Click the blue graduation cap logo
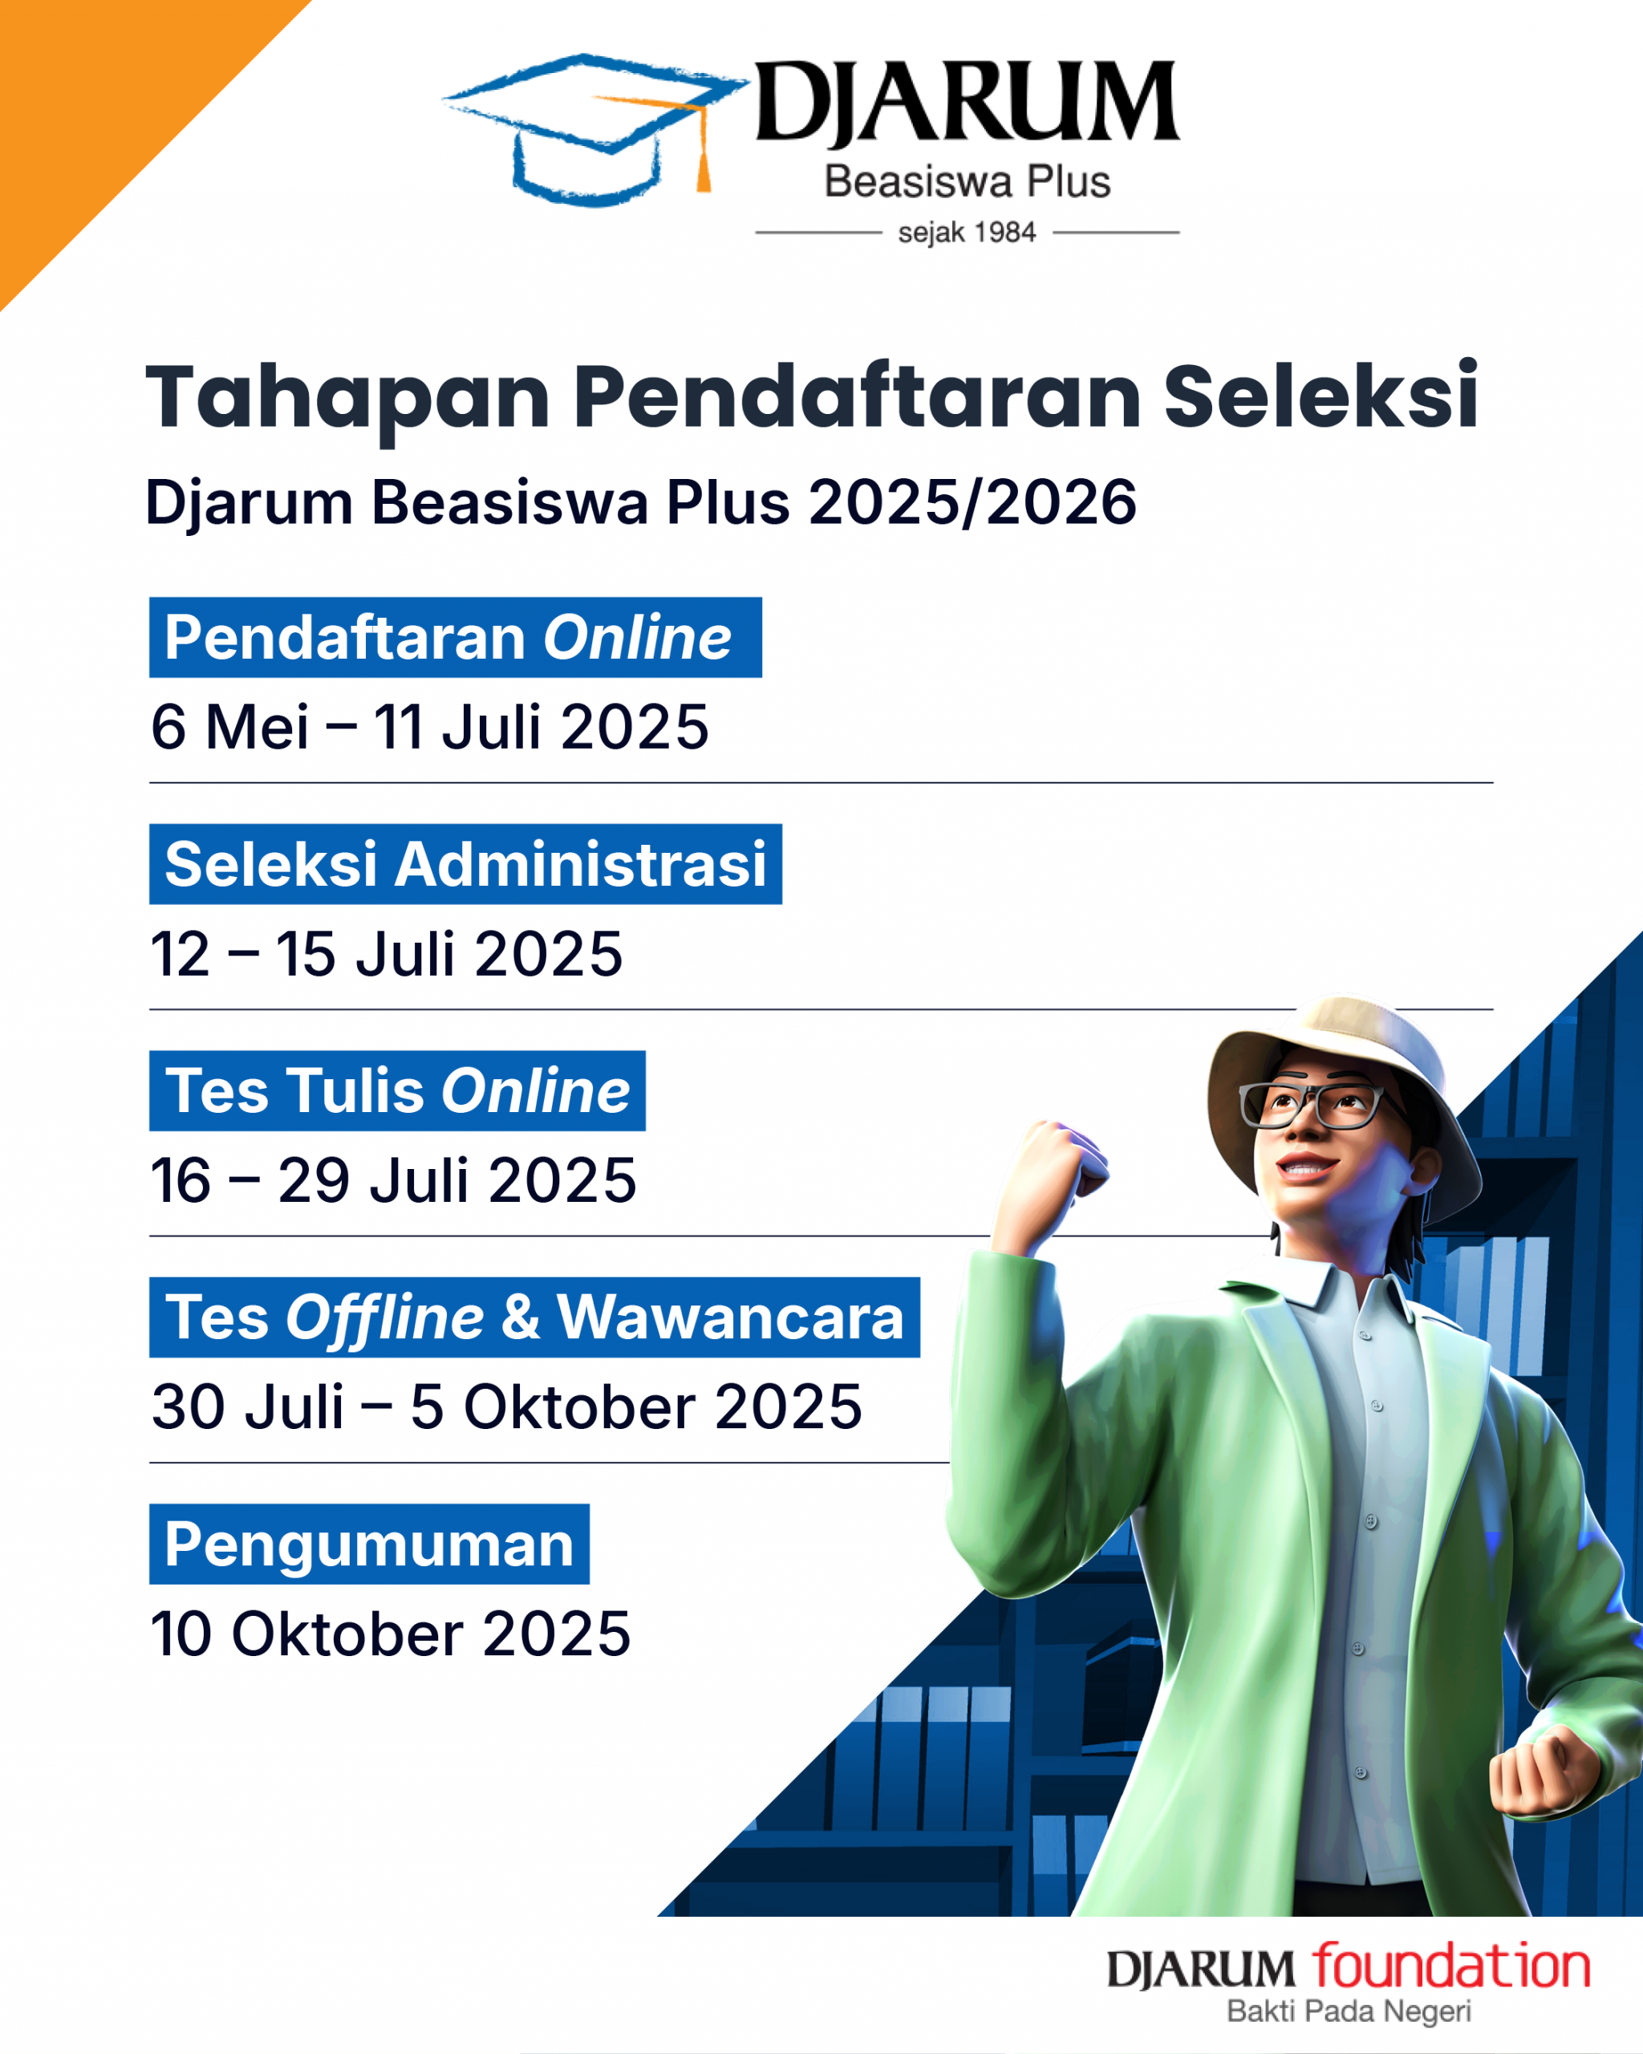pyautogui.click(x=595, y=128)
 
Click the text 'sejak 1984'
pyautogui.click(x=967, y=233)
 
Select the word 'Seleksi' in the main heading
pyautogui.click(x=1321, y=396)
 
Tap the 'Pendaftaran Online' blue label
pyautogui.click(x=456, y=637)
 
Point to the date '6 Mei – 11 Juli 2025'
pyautogui.click(x=429, y=727)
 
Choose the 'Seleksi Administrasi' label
pyautogui.click(x=466, y=864)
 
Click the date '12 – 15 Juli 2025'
pyautogui.click(x=387, y=954)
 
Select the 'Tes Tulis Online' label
pyautogui.click(x=397, y=1091)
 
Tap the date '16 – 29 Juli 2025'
pyautogui.click(x=393, y=1180)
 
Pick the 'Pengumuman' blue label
pyautogui.click(x=370, y=1545)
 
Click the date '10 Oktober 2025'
pyautogui.click(x=391, y=1634)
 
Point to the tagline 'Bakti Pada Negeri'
pyautogui.click(x=1349, y=2011)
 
